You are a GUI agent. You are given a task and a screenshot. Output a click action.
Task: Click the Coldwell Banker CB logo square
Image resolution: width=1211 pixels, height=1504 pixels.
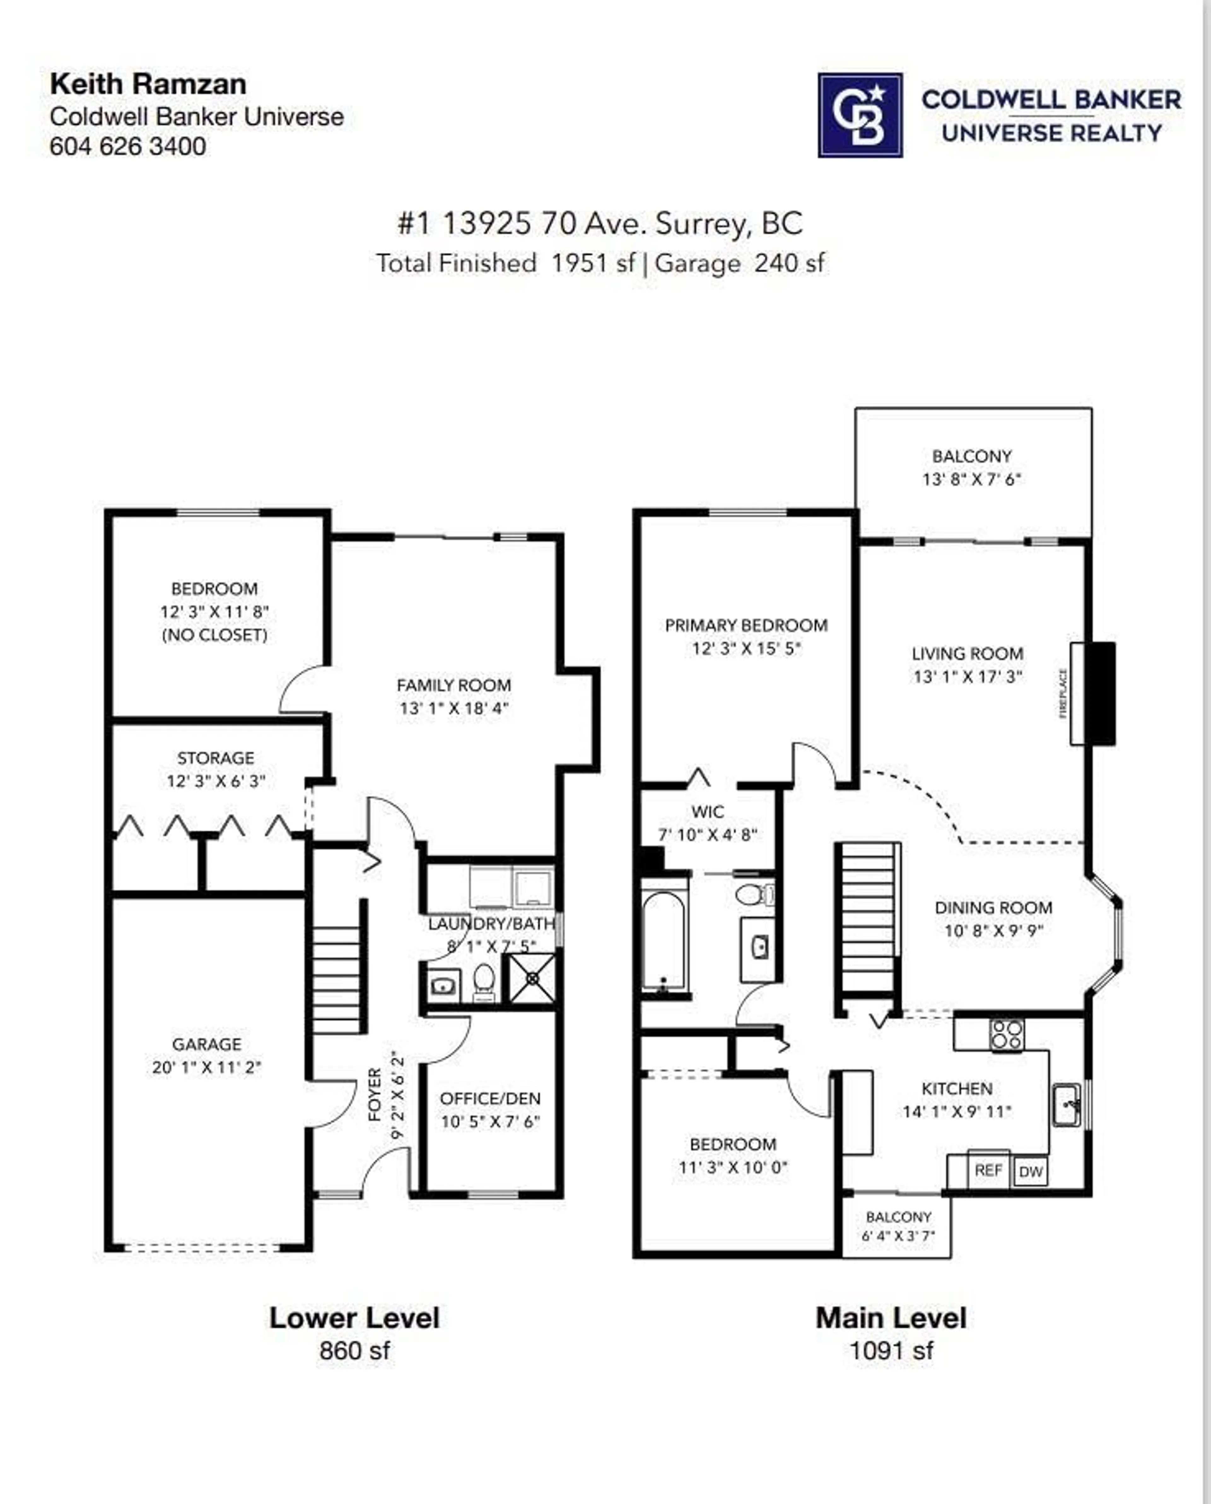(860, 115)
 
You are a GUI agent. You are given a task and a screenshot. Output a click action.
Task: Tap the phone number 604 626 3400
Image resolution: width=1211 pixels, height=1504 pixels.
(128, 147)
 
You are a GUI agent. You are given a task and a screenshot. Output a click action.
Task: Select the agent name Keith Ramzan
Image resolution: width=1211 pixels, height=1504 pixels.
(148, 85)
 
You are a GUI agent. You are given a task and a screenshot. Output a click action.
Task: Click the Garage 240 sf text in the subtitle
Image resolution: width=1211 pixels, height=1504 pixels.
(740, 264)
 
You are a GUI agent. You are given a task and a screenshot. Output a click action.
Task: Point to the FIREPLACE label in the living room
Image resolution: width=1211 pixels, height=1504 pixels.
(1063, 693)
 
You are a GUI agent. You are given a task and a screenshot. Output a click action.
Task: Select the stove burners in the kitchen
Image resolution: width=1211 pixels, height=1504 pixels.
(1007, 1034)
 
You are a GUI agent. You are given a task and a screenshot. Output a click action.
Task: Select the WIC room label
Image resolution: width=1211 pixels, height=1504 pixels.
(707, 811)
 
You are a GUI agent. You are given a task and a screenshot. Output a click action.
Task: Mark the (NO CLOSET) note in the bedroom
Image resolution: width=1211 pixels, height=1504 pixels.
(214, 635)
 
